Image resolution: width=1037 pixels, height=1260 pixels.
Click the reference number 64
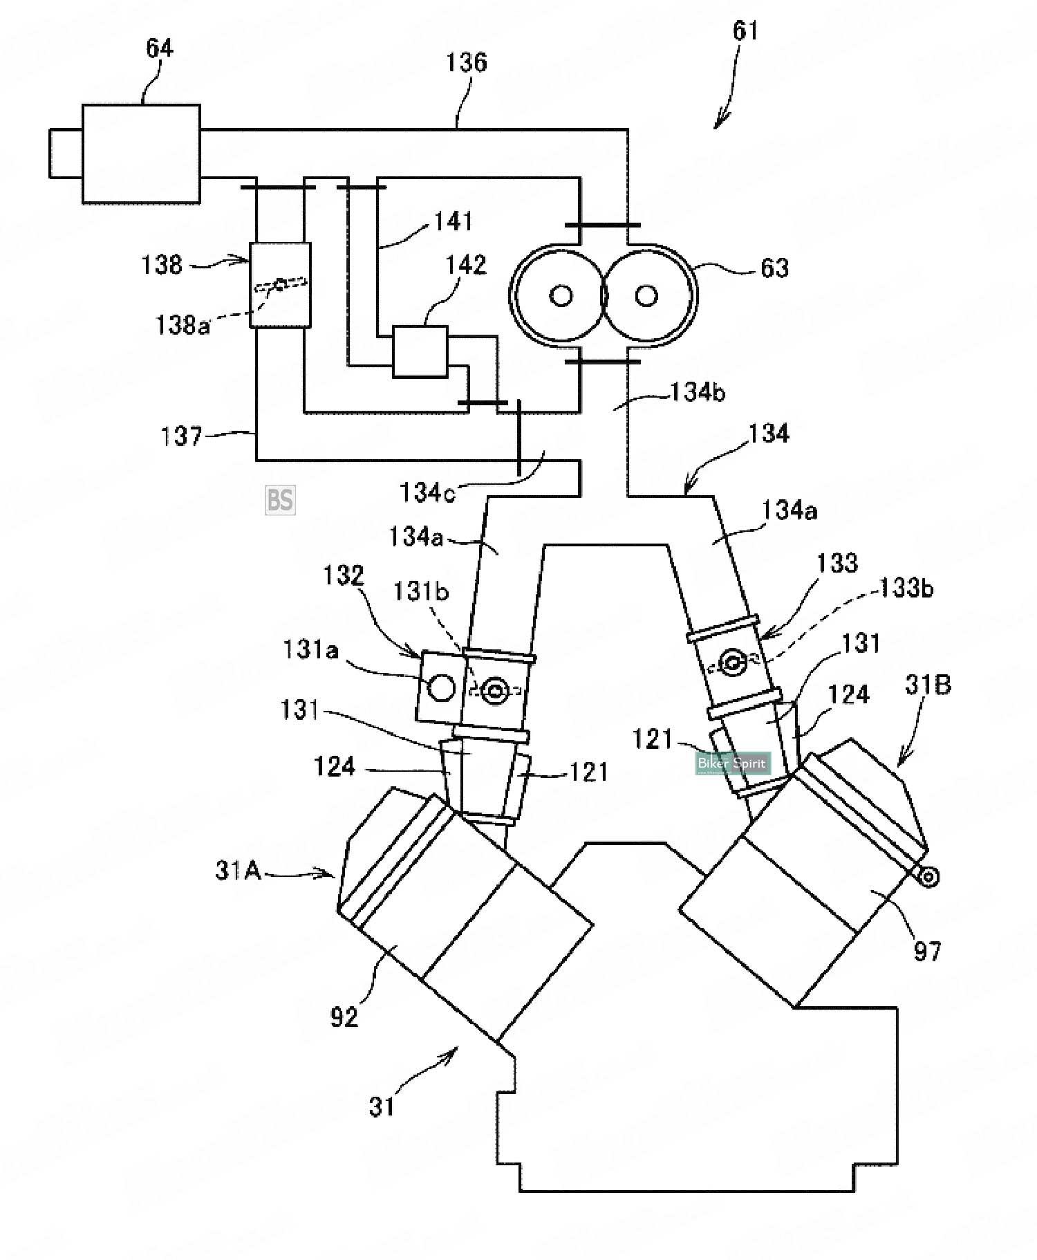159,48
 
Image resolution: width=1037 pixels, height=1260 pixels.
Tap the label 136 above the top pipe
466,63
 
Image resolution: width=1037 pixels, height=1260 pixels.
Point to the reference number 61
745,31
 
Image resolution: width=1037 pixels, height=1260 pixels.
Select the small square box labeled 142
420,351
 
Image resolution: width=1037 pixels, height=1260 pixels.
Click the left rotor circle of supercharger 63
561,296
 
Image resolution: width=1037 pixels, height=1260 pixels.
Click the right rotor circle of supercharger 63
646,296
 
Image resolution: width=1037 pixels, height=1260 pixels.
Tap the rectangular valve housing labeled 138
280,284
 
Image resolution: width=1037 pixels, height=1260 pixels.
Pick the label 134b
698,393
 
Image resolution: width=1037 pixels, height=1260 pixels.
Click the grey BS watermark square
280,499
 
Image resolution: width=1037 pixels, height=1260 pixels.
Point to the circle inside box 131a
442,687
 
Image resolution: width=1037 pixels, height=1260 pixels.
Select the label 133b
906,588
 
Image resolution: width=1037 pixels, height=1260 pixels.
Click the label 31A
238,870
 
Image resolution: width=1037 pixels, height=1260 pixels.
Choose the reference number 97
927,952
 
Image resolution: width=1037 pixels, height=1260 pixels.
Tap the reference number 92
344,1017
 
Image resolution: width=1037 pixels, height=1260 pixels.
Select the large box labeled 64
141,154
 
